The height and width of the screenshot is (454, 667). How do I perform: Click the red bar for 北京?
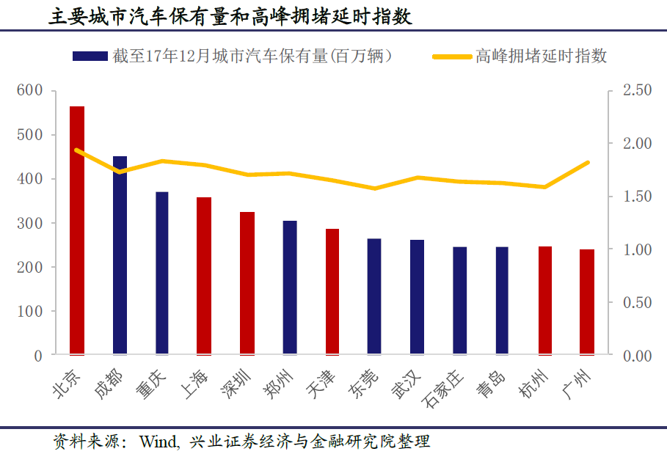pos(77,230)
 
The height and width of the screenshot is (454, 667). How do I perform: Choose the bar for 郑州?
pos(290,288)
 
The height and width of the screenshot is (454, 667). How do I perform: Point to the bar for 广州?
pos(587,302)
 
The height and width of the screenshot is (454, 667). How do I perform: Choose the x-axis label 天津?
pos(323,385)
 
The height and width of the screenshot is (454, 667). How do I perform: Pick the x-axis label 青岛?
pos(492,385)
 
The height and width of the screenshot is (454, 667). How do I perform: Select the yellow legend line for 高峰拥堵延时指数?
pos(449,56)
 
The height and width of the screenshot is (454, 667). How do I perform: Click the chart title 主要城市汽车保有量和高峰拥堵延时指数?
pos(230,16)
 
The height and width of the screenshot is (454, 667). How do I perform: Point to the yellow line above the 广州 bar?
pos(588,163)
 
